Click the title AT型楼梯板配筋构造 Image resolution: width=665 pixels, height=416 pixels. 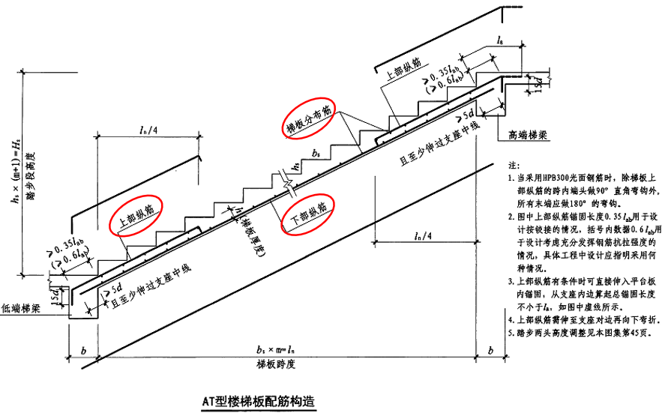tap(259, 400)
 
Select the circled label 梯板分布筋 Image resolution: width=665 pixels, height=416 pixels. tap(309, 118)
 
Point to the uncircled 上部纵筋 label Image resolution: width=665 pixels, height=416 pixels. tap(401, 70)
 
